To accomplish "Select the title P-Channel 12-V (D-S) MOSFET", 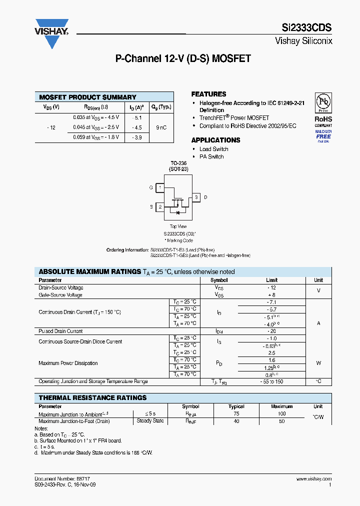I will (183, 58).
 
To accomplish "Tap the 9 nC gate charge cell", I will (161, 127).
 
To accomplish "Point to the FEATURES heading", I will (208, 94).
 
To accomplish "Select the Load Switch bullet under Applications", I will (213, 149).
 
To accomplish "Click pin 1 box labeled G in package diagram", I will (160, 187).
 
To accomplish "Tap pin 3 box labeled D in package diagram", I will (196, 197).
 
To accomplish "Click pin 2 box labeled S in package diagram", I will (160, 206).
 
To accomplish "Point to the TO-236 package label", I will (178, 163).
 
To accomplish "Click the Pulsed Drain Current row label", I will (60, 331).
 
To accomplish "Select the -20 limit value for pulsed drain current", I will (271, 331).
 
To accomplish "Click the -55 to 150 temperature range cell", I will (271, 381).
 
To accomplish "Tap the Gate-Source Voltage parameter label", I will (60, 295).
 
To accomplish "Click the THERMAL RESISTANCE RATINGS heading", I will (93, 397).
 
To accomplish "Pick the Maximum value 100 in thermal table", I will (281, 414).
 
